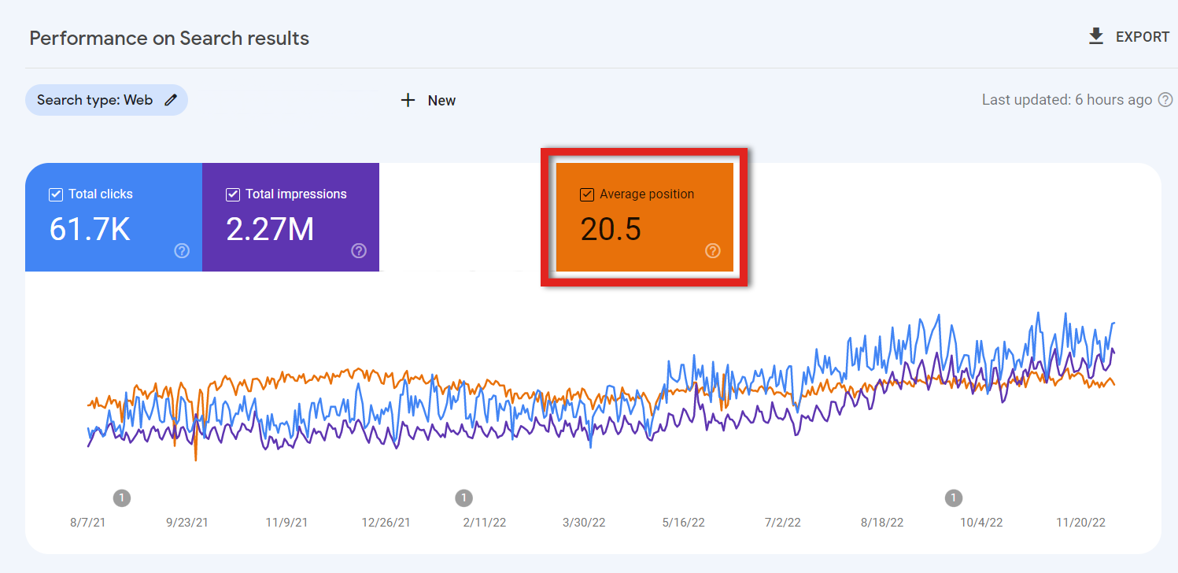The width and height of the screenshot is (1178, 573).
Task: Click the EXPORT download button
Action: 1128,37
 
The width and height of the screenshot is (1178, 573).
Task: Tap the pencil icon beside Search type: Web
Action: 171,100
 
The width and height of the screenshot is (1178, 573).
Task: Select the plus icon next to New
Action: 408,100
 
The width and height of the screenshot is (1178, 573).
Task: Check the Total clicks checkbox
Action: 55,194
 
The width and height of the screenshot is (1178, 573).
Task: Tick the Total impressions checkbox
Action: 233,194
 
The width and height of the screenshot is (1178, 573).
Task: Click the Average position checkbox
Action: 586,194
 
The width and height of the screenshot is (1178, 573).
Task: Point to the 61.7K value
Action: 90,229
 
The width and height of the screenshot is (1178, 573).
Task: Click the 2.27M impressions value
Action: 270,229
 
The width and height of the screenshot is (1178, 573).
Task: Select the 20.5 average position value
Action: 611,229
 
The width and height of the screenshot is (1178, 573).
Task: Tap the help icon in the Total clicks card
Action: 182,251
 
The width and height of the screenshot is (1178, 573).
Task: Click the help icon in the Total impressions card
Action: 359,251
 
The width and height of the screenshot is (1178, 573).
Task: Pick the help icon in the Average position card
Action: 713,251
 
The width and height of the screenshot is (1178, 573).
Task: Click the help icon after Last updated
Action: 1165,100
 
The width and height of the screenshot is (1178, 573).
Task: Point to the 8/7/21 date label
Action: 87,523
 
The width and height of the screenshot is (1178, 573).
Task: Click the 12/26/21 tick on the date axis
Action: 386,523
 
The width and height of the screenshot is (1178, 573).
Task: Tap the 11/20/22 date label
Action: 1081,523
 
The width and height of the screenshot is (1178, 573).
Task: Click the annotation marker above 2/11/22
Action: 464,497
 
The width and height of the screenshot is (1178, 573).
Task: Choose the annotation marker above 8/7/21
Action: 121,497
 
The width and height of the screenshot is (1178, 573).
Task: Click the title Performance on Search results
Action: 169,38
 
